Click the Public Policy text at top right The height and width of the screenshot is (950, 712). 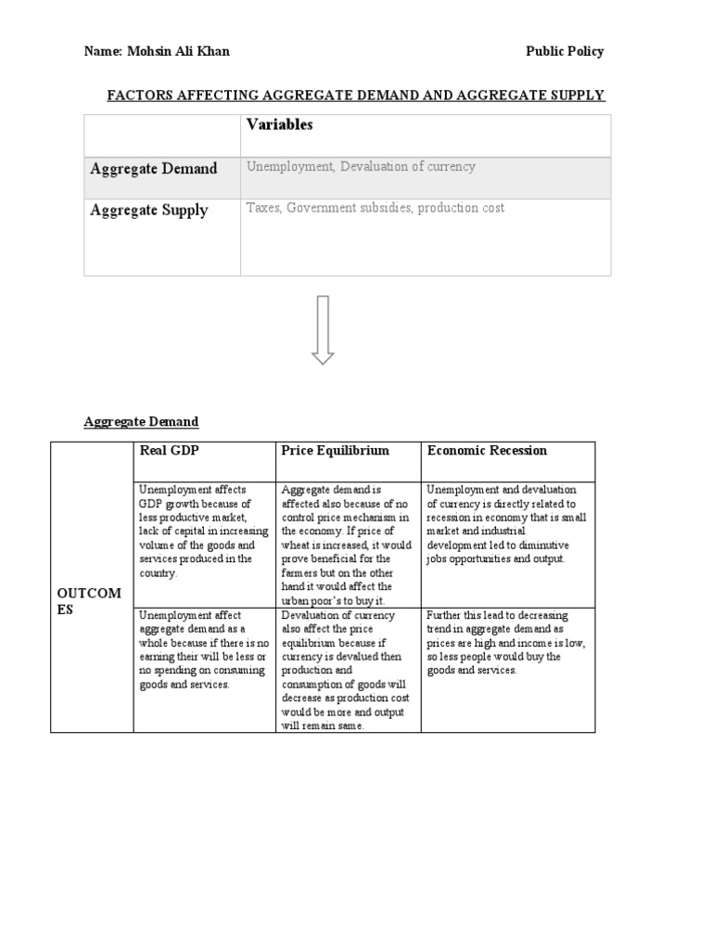565,52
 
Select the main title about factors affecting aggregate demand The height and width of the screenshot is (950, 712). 357,96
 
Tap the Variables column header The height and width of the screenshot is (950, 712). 279,125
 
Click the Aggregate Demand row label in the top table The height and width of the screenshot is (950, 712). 154,169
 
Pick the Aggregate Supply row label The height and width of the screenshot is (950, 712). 149,211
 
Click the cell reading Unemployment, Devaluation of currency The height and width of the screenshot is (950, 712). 361,167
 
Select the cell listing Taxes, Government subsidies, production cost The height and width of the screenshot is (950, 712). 375,209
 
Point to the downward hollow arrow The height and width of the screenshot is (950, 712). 323,329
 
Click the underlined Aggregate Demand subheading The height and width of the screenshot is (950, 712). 141,422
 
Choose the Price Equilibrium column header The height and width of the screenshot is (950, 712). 335,451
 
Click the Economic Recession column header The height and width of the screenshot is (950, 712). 487,451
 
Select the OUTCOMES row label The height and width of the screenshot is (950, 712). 89,602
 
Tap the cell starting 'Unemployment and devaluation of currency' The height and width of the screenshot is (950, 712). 506,524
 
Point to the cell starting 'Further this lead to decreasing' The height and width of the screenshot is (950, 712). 506,642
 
